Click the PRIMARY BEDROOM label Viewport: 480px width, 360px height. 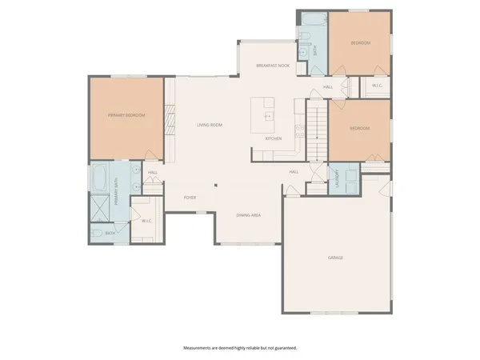[x=126, y=115]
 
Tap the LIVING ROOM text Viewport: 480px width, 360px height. [x=210, y=125]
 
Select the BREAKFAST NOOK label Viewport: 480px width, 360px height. [x=272, y=65]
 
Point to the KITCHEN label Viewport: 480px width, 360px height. [x=274, y=138]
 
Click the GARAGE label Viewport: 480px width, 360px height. [x=336, y=258]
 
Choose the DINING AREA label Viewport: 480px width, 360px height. [x=248, y=215]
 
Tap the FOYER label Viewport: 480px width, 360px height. [x=190, y=197]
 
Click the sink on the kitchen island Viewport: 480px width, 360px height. [x=269, y=116]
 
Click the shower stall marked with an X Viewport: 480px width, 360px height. [x=101, y=210]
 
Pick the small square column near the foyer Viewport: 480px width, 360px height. [x=214, y=187]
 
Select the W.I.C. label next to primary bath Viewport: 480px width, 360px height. [x=146, y=222]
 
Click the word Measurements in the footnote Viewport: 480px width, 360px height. [x=202, y=348]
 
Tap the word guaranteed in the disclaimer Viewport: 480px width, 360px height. [x=282, y=348]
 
